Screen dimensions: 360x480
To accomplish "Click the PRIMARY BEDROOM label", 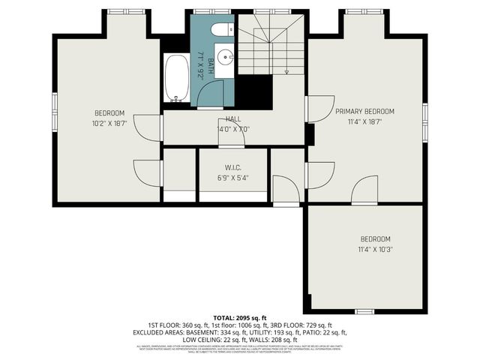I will (x=364, y=112).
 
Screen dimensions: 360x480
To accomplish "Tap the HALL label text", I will (x=232, y=118).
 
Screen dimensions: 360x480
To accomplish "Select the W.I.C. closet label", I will (x=232, y=167).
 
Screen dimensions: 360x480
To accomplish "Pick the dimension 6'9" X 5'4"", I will (x=232, y=178).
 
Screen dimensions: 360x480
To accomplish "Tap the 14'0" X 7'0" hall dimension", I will (x=232, y=129).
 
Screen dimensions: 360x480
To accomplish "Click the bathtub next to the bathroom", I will (x=177, y=79).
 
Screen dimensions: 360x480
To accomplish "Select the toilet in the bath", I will (x=220, y=30).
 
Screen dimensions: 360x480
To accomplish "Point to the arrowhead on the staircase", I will (x=287, y=70).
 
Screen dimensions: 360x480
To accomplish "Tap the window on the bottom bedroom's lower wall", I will (x=364, y=311).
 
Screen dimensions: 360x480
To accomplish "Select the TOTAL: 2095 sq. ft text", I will (x=240, y=318).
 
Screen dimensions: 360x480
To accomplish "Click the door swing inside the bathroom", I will (x=213, y=94).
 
